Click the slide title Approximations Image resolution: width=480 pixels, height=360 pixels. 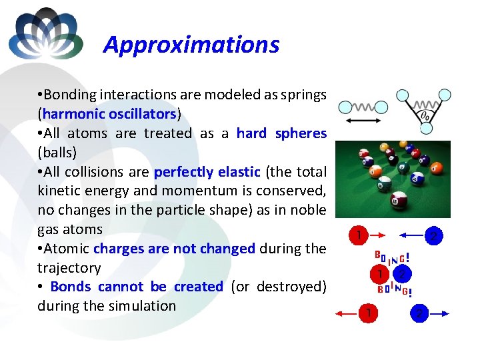point(191,45)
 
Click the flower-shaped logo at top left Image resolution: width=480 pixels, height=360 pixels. point(45,34)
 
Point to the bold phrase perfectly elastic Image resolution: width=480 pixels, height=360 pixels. point(207,171)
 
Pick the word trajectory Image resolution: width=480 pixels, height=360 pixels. point(69,267)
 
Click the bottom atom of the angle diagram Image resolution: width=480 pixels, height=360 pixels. point(423,129)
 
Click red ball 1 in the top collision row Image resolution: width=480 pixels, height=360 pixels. point(358,235)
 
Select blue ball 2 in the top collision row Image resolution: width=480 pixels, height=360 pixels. point(434,235)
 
